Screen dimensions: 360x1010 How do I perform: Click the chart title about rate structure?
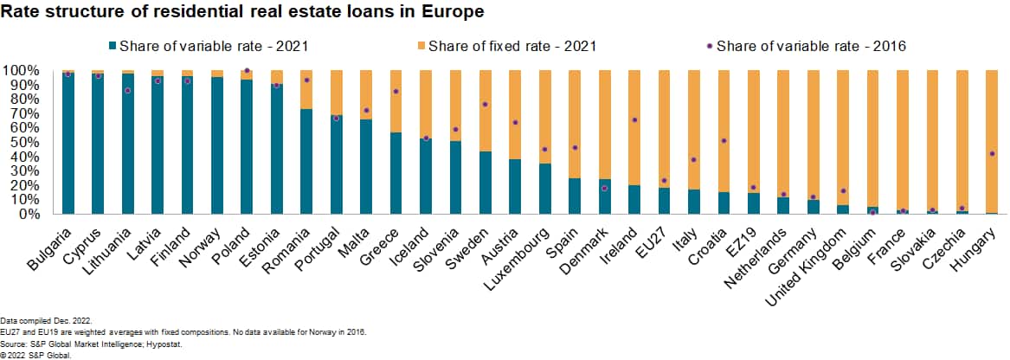[242, 12]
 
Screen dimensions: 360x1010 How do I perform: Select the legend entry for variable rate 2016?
[810, 46]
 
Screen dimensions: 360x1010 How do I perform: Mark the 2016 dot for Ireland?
[635, 120]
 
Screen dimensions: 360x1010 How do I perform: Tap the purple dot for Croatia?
[724, 140]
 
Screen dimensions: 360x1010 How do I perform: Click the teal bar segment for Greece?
[396, 172]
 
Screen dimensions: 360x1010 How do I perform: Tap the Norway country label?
[200, 237]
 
